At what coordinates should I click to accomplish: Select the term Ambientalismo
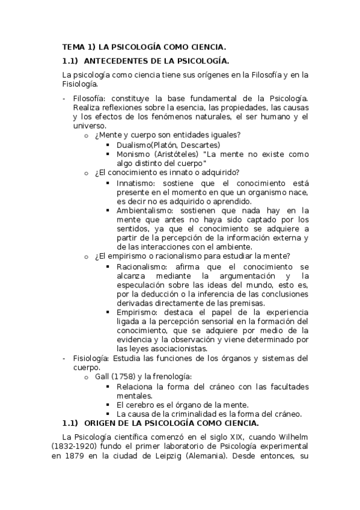click(x=145, y=210)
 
